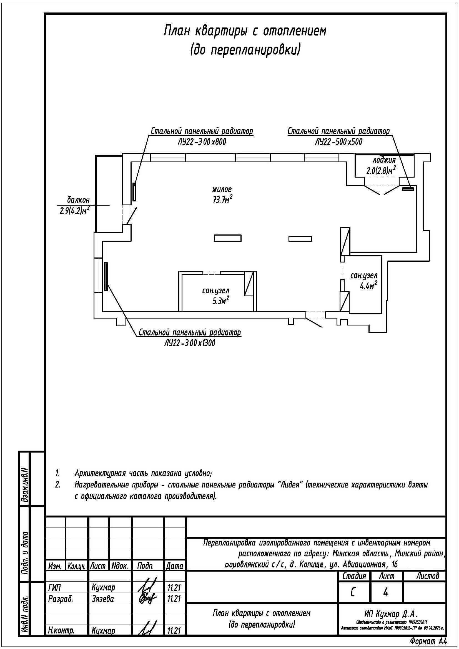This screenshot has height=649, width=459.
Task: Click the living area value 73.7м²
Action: [x=223, y=199]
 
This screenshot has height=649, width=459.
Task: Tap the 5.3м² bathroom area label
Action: [x=220, y=301]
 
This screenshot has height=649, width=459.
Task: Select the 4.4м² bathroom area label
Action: [x=368, y=286]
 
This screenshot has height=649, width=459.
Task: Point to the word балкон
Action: [x=78, y=200]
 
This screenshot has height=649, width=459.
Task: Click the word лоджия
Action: [x=384, y=160]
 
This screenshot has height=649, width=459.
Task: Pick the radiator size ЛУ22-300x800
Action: [x=202, y=142]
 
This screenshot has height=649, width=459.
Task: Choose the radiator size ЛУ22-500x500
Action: [x=338, y=142]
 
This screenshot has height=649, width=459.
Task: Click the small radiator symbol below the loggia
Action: [x=408, y=188]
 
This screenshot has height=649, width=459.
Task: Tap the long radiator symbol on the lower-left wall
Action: [x=106, y=276]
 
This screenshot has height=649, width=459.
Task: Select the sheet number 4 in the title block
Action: [x=385, y=593]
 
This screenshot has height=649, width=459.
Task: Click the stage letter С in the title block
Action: [x=353, y=593]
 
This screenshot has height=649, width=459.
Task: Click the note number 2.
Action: [x=58, y=485]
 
